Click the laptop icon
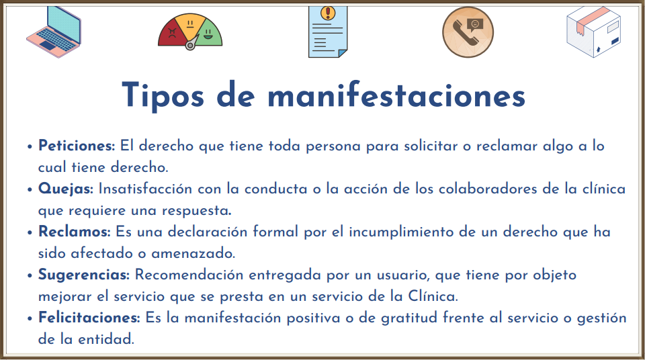[x=54, y=32]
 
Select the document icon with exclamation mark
[x=328, y=32]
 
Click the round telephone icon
[x=468, y=32]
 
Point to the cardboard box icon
[x=593, y=32]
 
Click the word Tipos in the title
[x=163, y=96]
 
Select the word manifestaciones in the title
[x=396, y=95]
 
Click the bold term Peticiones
[x=77, y=146]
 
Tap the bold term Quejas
[x=66, y=189]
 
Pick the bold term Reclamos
[x=75, y=232]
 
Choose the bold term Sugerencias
[x=84, y=275]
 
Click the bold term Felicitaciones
[x=89, y=318]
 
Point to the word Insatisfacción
[x=145, y=189]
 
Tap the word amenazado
[x=193, y=253]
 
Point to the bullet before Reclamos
[x=30, y=232]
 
